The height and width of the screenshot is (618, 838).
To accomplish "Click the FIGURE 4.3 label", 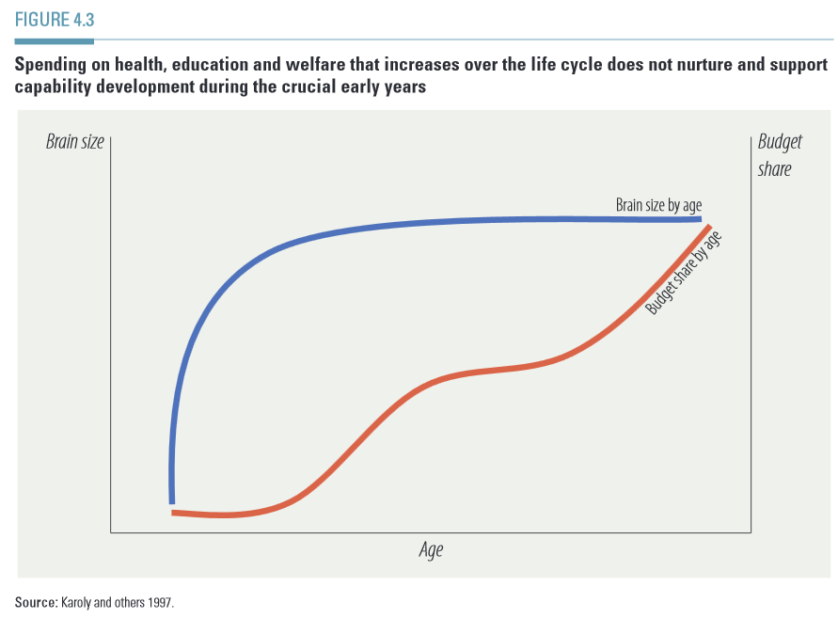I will (x=55, y=20).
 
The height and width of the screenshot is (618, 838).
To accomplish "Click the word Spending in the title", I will (x=51, y=66).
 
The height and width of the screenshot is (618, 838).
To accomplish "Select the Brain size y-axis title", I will (x=75, y=143).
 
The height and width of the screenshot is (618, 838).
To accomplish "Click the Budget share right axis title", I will (x=780, y=155).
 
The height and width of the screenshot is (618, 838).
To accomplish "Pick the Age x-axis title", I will (x=431, y=550).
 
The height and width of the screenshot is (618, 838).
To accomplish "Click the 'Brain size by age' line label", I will (x=658, y=204).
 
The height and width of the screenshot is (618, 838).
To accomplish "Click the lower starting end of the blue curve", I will (x=172, y=500).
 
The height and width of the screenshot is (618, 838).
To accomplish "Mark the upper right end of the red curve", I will (x=707, y=229).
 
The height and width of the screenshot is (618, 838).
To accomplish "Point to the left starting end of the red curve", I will (x=174, y=513).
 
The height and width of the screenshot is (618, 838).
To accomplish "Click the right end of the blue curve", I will (x=699, y=218).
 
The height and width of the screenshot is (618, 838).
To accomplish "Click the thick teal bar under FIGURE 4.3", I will (x=54, y=41).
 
